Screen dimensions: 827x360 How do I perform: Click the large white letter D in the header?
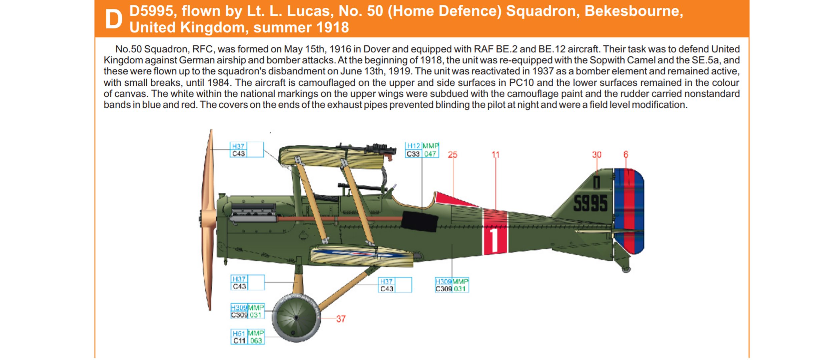(x=114, y=19)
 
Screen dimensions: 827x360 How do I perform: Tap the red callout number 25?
(x=453, y=155)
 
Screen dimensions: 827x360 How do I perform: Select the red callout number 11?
(x=496, y=155)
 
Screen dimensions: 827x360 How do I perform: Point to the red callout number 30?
(x=597, y=155)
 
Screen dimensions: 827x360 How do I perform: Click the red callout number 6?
(x=626, y=154)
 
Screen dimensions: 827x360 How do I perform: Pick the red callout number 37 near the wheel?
(x=341, y=319)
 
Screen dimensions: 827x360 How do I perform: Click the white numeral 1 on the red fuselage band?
(x=495, y=240)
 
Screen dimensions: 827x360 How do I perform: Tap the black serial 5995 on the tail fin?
(x=590, y=203)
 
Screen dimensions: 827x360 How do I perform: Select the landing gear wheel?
(x=296, y=318)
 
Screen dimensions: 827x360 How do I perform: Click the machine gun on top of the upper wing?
(x=367, y=149)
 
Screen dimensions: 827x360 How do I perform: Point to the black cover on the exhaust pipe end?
(x=420, y=221)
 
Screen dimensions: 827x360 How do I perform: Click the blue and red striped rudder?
(x=629, y=211)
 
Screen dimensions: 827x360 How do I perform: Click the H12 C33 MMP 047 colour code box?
(x=422, y=150)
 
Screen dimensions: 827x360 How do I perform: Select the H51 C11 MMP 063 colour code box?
(x=247, y=337)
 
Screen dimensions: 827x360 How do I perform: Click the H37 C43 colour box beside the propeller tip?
(x=247, y=150)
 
